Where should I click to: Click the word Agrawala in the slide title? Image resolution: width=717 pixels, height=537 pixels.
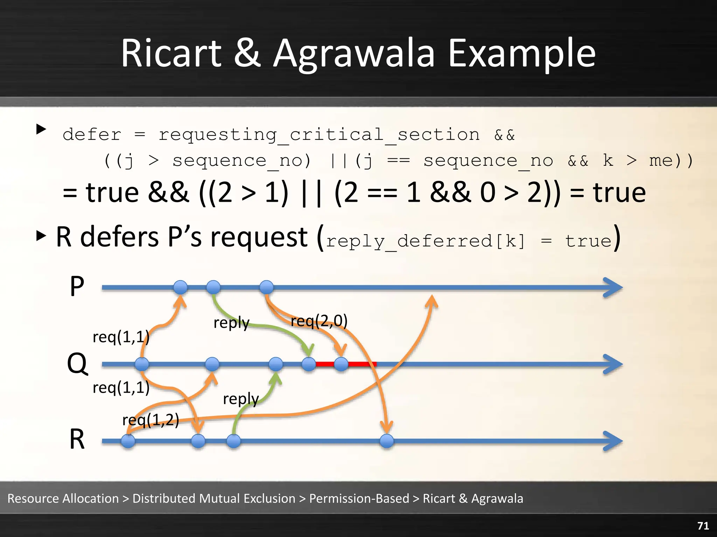[x=354, y=54]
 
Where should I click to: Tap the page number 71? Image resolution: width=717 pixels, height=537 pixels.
[x=703, y=525]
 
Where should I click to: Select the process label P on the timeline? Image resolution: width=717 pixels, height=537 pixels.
[x=77, y=286]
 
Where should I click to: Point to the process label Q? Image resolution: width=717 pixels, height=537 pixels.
[x=77, y=364]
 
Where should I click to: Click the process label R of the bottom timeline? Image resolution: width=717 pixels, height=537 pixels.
[x=77, y=439]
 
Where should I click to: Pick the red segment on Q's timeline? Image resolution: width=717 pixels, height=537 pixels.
[x=361, y=364]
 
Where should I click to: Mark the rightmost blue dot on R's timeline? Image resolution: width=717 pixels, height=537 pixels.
[x=387, y=441]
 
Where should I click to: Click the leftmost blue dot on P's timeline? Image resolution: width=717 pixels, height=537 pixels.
[x=180, y=287]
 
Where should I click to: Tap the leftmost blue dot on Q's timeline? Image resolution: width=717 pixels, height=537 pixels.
[x=142, y=364]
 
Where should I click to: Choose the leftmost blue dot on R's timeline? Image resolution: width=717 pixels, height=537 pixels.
[x=128, y=441]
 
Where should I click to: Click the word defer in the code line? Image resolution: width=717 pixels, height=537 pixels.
[x=92, y=135]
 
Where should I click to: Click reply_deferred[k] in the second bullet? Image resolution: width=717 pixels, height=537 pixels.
[x=426, y=241]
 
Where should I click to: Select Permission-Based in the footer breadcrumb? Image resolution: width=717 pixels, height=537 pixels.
[x=359, y=499]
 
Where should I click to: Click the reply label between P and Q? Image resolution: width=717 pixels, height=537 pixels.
[x=231, y=323]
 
